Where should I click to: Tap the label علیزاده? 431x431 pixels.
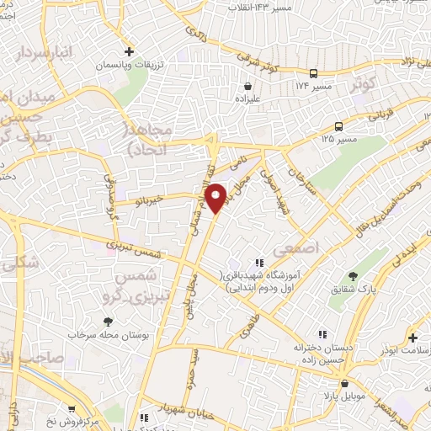(x=248, y=98)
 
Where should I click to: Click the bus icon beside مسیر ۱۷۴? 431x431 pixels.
(x=314, y=73)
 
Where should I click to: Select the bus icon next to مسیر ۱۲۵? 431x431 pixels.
(x=338, y=126)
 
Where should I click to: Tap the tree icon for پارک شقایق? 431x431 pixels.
(x=352, y=275)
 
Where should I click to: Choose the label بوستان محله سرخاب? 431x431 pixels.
(x=108, y=335)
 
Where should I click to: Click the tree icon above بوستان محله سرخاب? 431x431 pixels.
(x=108, y=321)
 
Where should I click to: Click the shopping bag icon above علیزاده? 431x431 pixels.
(x=248, y=85)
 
